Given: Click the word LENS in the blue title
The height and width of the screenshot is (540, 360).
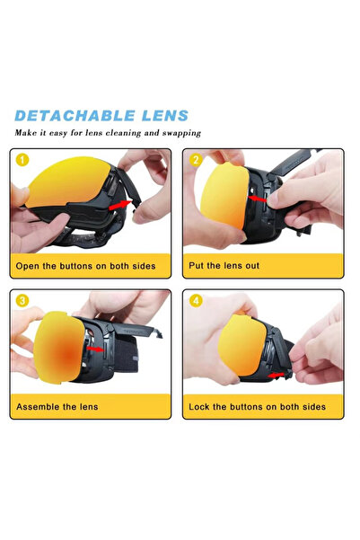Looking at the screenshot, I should (x=163, y=116).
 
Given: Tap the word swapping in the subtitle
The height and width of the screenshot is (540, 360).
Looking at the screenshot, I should (x=178, y=133).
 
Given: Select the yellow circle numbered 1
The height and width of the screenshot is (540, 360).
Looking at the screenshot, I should (x=22, y=162).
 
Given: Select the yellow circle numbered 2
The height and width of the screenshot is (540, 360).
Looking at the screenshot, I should (x=196, y=162).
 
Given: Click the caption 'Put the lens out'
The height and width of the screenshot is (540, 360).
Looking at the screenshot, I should (x=225, y=266).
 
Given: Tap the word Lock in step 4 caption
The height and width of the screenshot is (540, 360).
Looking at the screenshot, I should (x=200, y=407).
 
